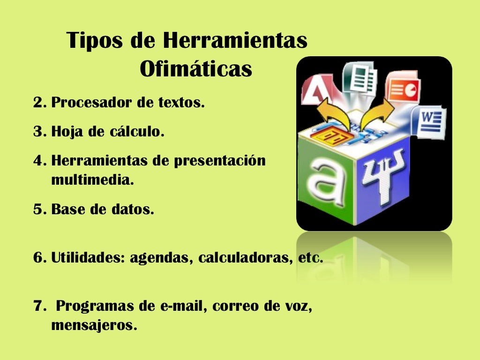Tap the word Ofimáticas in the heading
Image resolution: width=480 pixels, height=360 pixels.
coord(196,69)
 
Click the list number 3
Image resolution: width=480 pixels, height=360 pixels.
coord(38,132)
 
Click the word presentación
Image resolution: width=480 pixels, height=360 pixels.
coord(220,161)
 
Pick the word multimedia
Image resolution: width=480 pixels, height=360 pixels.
coord(92,180)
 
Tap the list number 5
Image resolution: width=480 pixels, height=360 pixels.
coord(38,209)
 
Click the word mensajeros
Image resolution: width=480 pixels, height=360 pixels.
coord(94,325)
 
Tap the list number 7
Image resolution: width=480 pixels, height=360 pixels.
coord(38,307)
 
